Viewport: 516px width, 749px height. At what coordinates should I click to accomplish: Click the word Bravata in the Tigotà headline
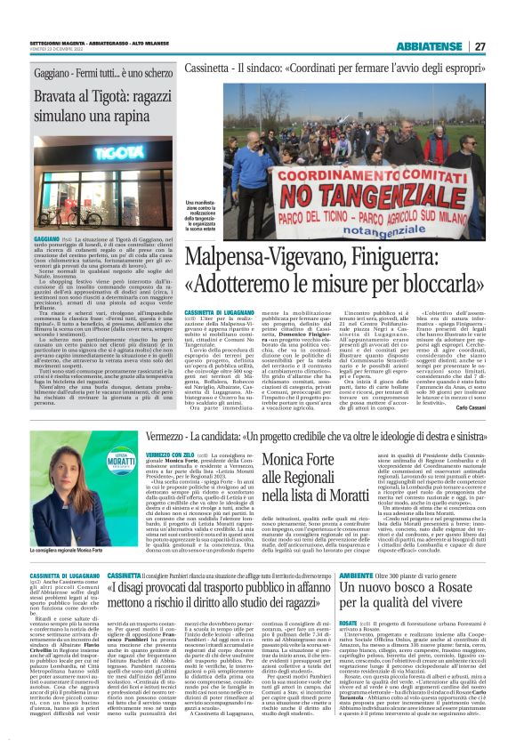pyautogui.click(x=44, y=90)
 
